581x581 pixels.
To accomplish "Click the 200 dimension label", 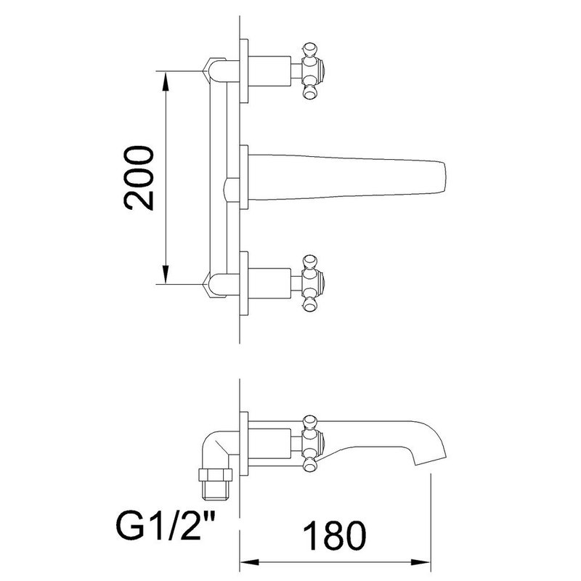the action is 139,178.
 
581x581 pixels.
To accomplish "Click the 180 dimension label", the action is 334,535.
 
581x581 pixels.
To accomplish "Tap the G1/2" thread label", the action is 166,525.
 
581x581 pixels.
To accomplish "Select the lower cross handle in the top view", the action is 312,283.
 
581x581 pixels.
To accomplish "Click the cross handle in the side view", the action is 312,444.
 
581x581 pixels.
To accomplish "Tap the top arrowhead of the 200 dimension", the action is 166,80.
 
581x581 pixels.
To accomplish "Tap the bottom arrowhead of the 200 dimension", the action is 166,275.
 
